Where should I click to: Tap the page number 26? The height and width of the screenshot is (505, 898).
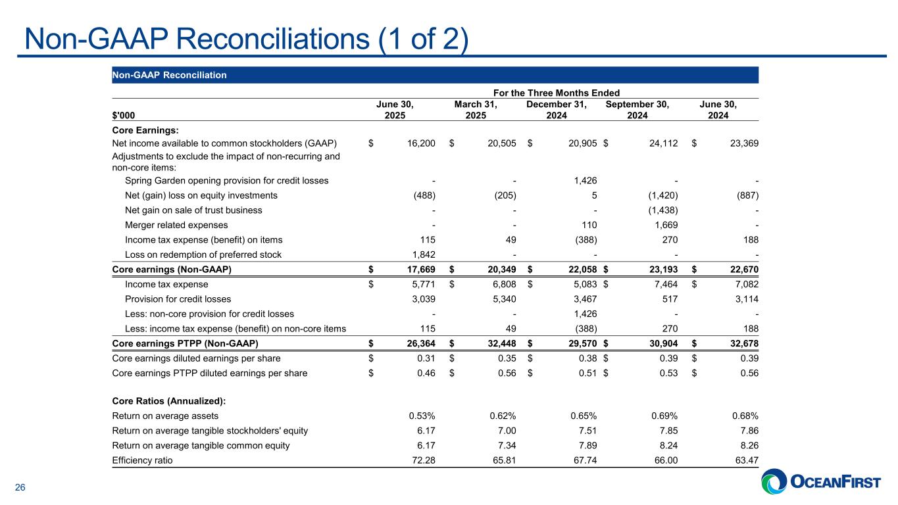(x=20, y=487)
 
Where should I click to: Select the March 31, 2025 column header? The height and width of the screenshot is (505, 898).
(x=476, y=110)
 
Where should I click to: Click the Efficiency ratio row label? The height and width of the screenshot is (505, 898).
(x=143, y=460)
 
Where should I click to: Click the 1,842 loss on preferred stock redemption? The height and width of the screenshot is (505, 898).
(x=422, y=254)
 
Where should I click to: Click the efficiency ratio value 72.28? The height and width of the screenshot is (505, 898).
(x=422, y=460)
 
